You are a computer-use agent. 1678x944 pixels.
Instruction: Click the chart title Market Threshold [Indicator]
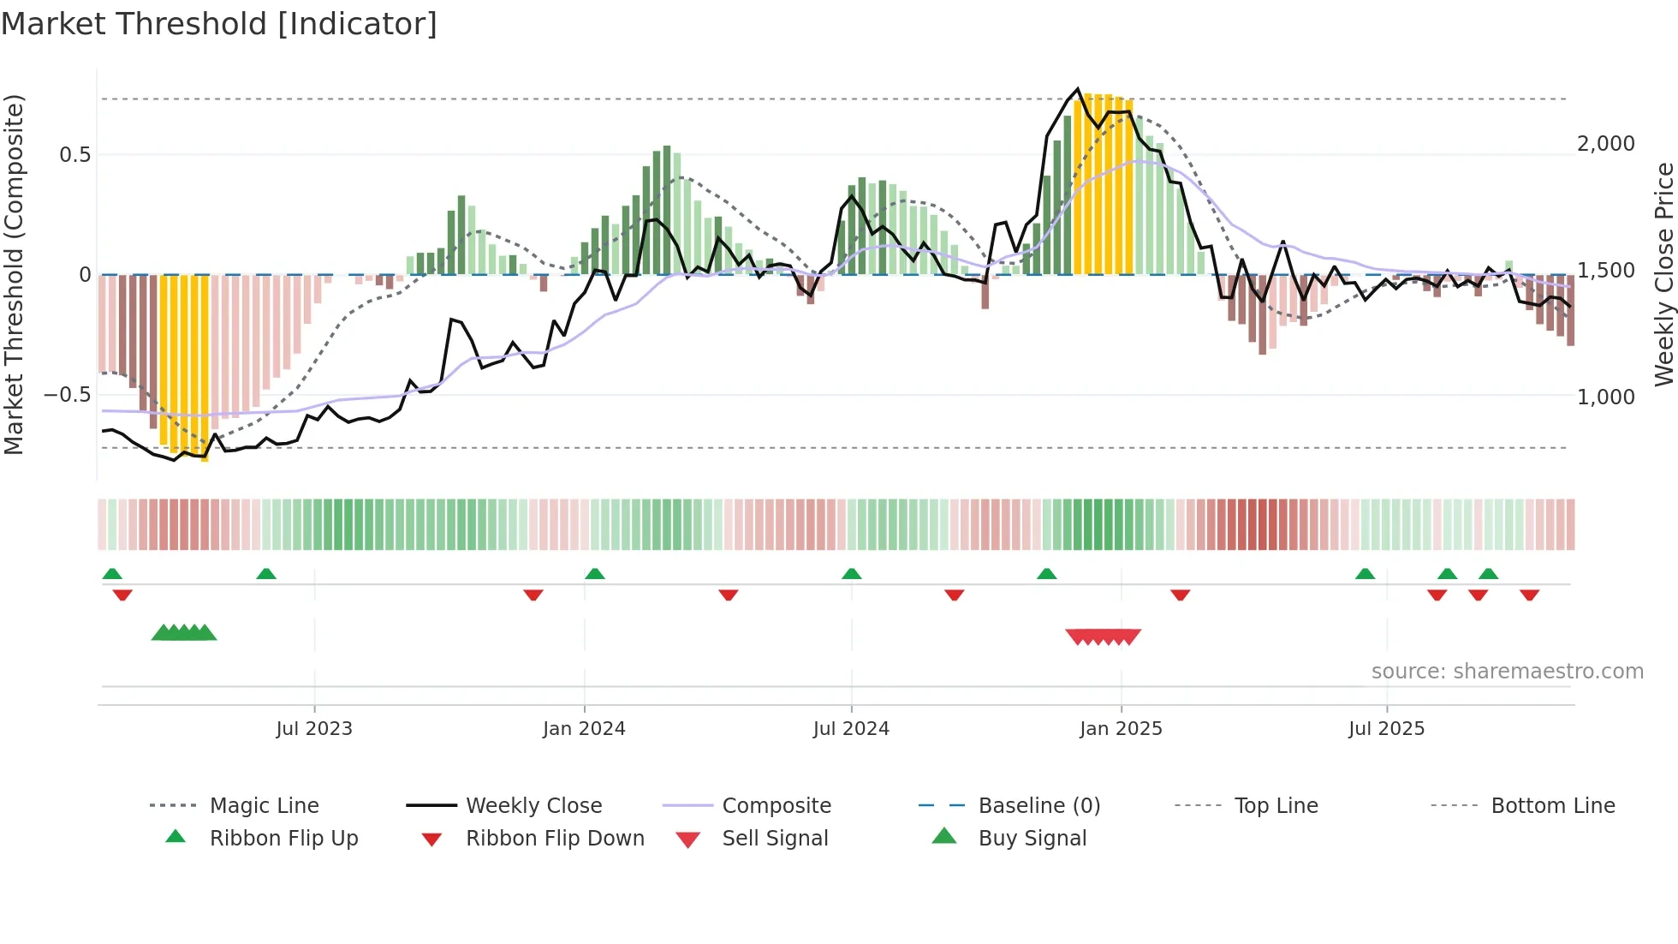219,24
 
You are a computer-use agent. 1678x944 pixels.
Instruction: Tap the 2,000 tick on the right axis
1605,144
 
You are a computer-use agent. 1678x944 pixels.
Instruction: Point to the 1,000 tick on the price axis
1605,397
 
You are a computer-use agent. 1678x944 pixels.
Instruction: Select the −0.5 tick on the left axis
67,395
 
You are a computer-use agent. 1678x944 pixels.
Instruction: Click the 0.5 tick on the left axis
74,155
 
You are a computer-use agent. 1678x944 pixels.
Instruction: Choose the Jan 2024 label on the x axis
584,729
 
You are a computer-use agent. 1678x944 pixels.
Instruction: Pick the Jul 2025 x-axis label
1386,729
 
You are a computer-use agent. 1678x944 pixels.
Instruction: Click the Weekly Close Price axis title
1663,274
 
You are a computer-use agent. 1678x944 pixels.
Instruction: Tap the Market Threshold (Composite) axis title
14,274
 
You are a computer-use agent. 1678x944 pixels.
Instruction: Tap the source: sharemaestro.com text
1507,672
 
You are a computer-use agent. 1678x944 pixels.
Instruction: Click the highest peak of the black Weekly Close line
1078,89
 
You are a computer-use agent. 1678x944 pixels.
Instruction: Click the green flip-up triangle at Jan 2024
595,574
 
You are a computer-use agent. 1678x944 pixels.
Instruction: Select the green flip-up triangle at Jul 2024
851,574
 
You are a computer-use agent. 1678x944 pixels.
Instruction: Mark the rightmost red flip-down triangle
1530,594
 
